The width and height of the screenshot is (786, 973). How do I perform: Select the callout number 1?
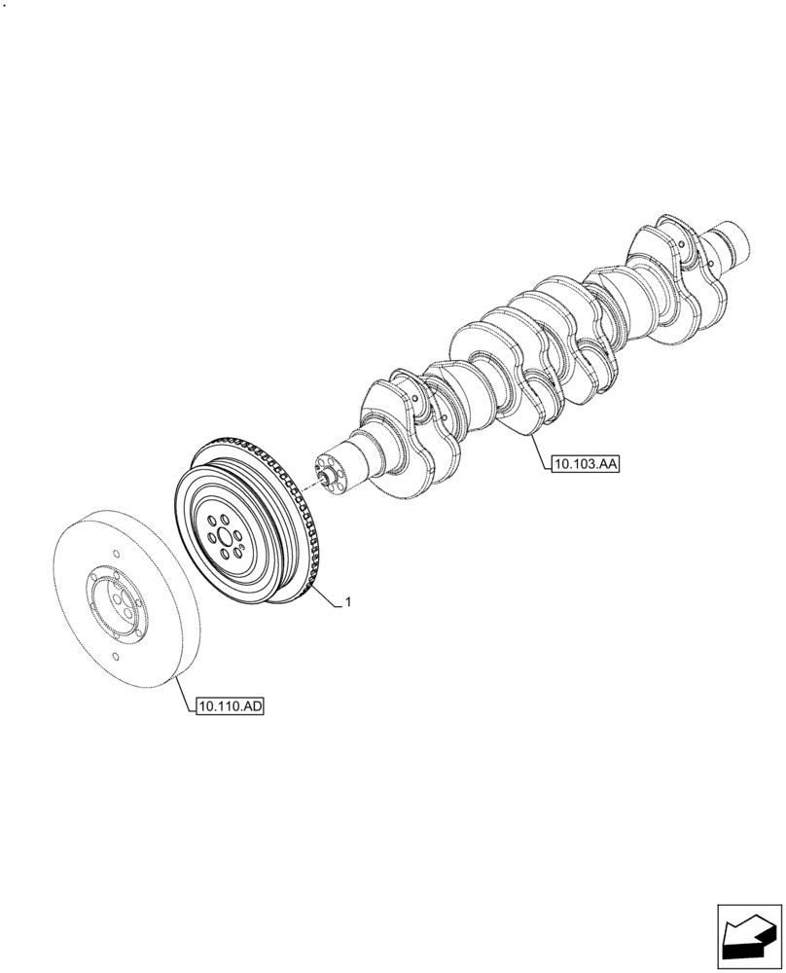pos(347,602)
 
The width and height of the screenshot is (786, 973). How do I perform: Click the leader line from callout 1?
pos(326,596)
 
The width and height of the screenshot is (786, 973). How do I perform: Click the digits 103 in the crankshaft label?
pos(582,465)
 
